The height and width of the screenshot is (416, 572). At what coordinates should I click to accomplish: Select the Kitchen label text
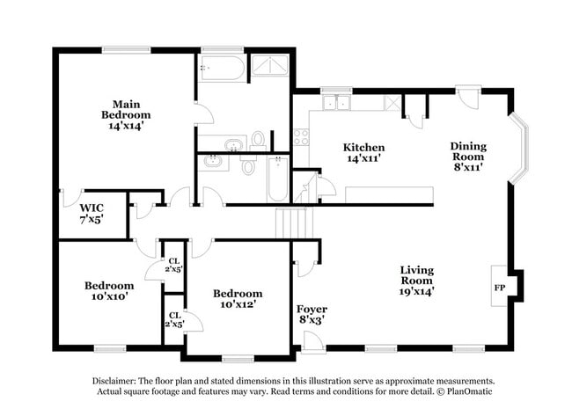364,153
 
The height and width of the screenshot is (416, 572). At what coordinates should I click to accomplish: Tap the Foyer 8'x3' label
312,315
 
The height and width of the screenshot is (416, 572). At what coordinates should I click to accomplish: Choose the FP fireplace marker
499,288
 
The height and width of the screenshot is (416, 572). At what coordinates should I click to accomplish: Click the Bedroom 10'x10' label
109,291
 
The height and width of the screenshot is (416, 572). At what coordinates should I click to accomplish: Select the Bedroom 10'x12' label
238,299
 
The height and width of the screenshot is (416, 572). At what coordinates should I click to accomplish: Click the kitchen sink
336,103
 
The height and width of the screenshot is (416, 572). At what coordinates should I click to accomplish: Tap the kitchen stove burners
301,137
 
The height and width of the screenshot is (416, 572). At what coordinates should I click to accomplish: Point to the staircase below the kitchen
294,223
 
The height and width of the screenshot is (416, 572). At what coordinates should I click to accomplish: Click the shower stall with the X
270,65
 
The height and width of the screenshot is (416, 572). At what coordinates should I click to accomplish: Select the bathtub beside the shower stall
223,68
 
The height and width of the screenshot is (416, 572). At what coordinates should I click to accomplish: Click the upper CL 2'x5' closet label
175,265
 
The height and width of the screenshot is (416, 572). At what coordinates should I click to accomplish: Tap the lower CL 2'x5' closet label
174,319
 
